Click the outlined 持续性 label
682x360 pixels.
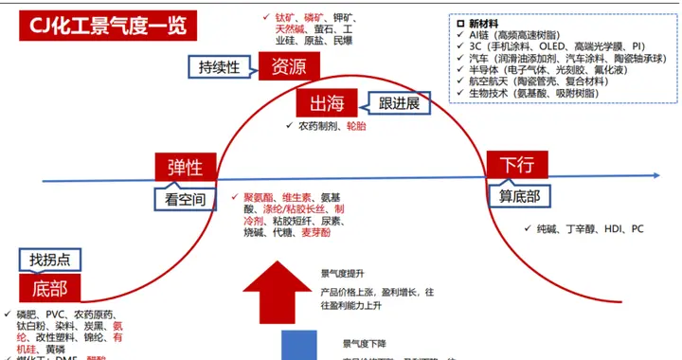click(226, 67)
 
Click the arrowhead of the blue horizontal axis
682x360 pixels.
click(656, 176)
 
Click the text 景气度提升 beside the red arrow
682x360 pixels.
click(344, 273)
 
